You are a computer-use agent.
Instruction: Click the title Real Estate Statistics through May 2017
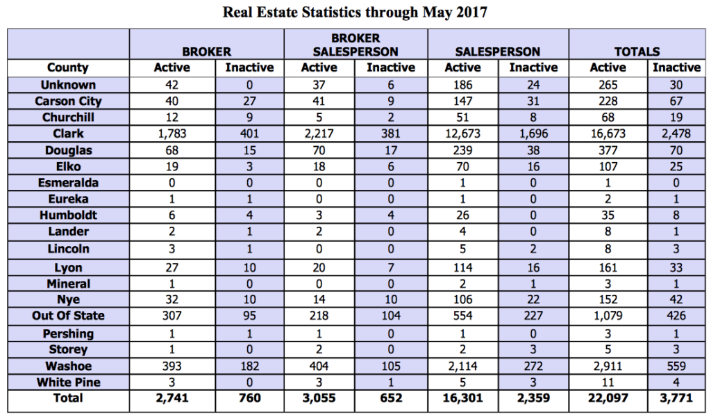[355, 13]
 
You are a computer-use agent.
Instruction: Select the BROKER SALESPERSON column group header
[355, 45]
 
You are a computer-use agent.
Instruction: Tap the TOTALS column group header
[637, 51]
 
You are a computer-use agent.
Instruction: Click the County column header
[68, 67]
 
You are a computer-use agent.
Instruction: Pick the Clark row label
[68, 134]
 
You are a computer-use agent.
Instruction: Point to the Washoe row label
[68, 365]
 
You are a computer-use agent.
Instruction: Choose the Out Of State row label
[68, 315]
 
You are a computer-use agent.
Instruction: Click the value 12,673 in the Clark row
[462, 134]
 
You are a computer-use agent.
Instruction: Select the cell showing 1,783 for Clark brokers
[172, 134]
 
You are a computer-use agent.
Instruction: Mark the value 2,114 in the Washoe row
[462, 365]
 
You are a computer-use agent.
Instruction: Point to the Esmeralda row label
[68, 183]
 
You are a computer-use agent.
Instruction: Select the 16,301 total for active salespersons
[462, 399]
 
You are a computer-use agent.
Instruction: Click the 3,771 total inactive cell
[676, 399]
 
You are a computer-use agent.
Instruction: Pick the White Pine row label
[68, 382]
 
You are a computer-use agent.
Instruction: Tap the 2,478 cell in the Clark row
[676, 134]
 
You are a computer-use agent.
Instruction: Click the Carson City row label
[68, 101]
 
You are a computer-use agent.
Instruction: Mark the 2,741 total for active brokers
[172, 399]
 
